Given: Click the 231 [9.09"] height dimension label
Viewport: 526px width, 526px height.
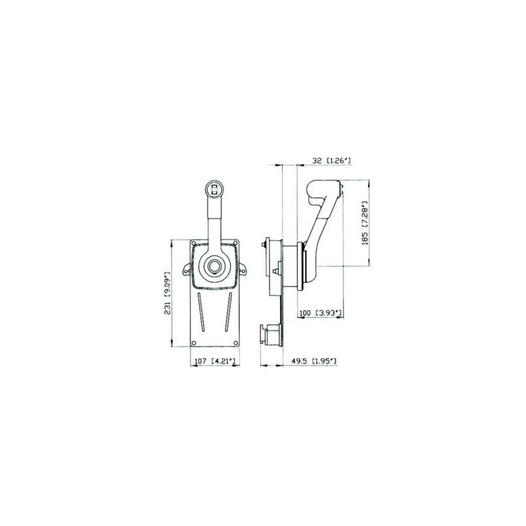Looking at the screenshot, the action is [x=168, y=293].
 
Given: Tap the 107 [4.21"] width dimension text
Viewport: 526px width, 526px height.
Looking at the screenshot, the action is [x=216, y=361].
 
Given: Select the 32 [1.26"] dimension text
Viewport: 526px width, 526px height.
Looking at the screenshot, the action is [x=331, y=160].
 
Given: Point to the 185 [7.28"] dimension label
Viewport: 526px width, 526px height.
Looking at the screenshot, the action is [x=365, y=223].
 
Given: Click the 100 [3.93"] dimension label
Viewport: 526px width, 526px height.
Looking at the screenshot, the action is [x=320, y=313].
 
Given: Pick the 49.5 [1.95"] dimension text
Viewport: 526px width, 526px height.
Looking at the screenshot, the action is [x=314, y=361].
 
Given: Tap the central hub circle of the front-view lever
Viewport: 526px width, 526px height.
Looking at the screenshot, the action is [x=214, y=266].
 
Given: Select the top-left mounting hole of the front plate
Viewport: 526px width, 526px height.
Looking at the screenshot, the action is [x=193, y=243].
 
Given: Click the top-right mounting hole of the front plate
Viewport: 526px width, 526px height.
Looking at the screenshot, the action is [x=235, y=243].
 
